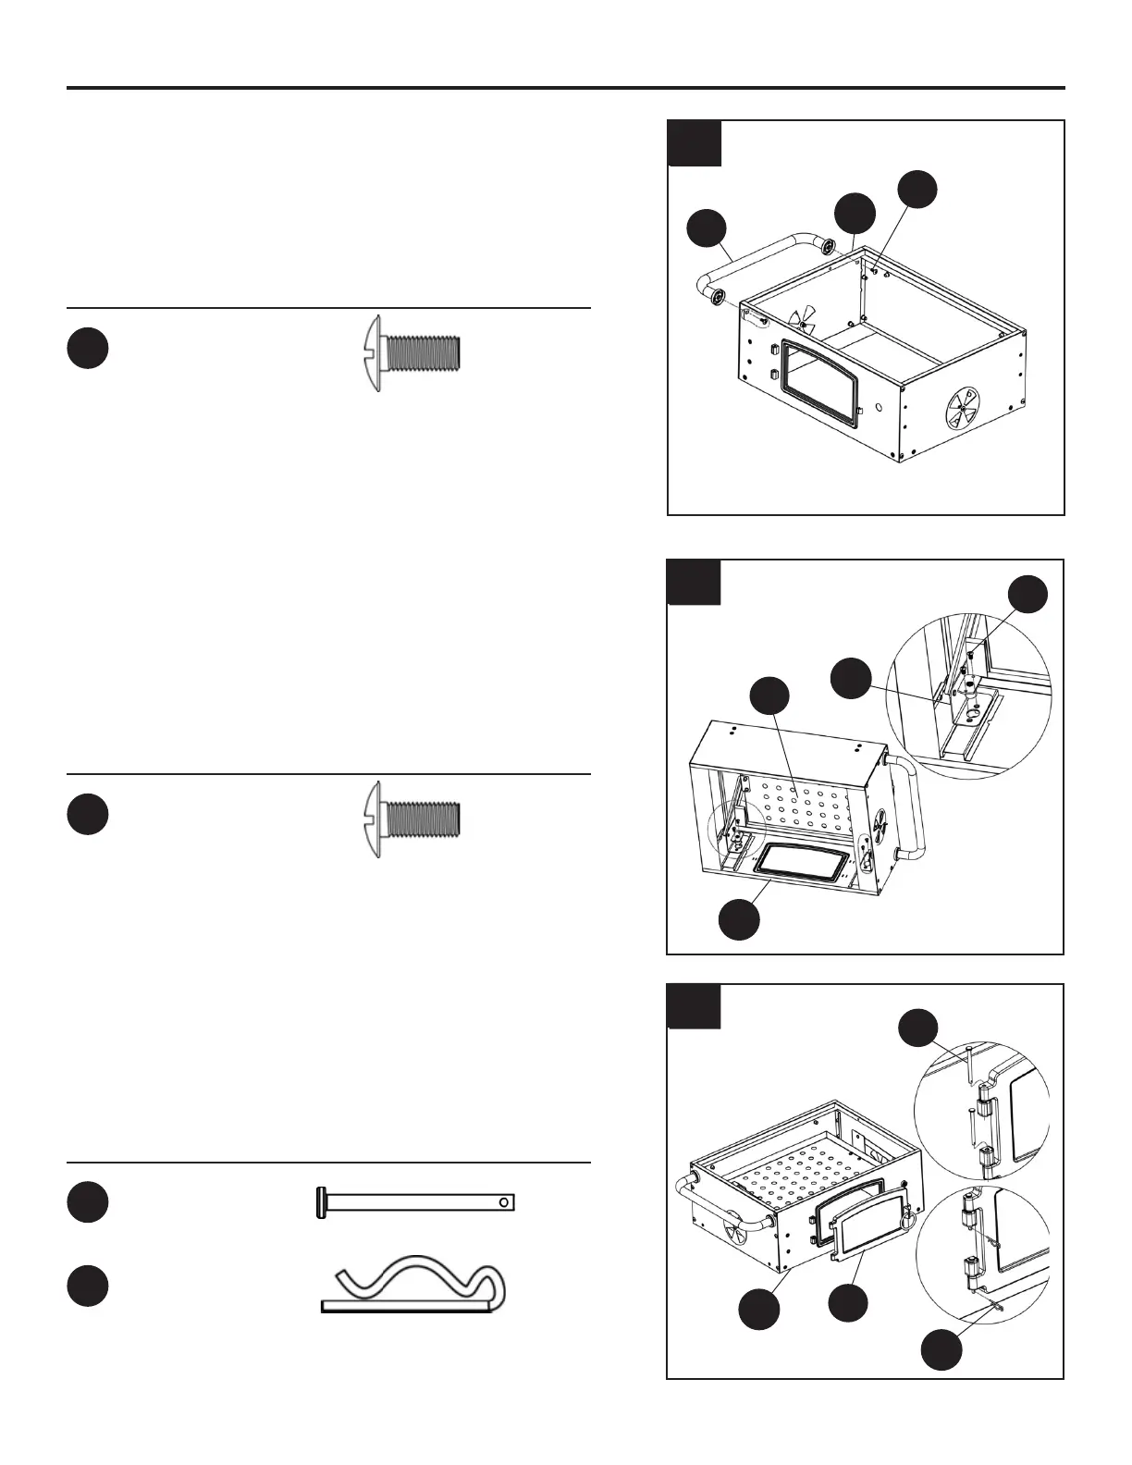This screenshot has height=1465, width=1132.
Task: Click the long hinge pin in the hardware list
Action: coord(416,1202)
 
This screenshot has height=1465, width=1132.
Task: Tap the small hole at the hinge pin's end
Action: coord(503,1202)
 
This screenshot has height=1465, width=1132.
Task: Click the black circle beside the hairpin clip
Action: coord(87,1286)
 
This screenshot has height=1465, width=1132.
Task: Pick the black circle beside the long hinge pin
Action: coord(87,1201)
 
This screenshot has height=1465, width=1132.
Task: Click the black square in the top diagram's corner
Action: coord(695,143)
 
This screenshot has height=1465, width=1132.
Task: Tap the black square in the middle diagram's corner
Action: coord(694,582)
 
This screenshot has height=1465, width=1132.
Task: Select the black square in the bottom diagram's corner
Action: coord(694,1006)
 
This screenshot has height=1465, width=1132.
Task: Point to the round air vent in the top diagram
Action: coord(962,407)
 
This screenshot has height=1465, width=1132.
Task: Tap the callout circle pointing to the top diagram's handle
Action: coord(707,229)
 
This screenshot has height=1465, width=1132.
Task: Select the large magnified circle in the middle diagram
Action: coord(968,696)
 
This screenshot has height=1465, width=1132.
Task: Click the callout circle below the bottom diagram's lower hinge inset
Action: coord(941,1350)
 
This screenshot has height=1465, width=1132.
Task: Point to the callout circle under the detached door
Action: coord(847,1302)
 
